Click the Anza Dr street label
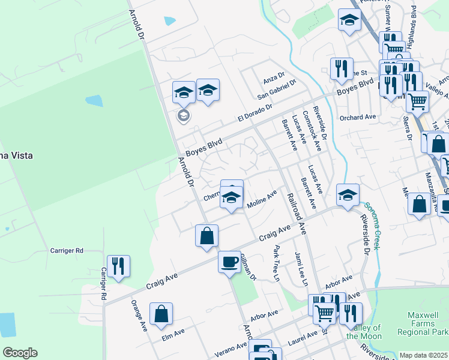[x=274, y=81]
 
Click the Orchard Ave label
[x=358, y=117]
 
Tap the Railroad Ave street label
[x=297, y=214]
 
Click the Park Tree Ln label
[x=277, y=263]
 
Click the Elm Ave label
[x=173, y=334]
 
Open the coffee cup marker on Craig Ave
[x=229, y=262]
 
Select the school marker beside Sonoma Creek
[x=348, y=194]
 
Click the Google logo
[x=20, y=353]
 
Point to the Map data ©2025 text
[x=424, y=355]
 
